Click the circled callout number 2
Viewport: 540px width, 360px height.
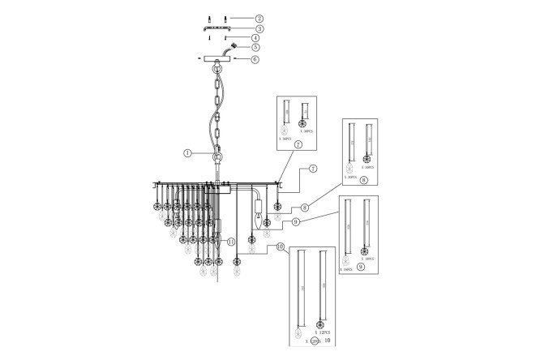point(259,17)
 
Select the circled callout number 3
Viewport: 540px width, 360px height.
point(259,28)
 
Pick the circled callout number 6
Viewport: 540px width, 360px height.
point(255,58)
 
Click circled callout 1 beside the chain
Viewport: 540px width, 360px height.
point(187,152)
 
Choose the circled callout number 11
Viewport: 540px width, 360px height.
point(231,241)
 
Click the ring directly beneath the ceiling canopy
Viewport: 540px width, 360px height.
point(217,71)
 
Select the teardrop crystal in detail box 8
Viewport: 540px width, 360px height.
point(350,165)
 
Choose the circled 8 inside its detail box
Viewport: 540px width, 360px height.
point(363,182)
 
